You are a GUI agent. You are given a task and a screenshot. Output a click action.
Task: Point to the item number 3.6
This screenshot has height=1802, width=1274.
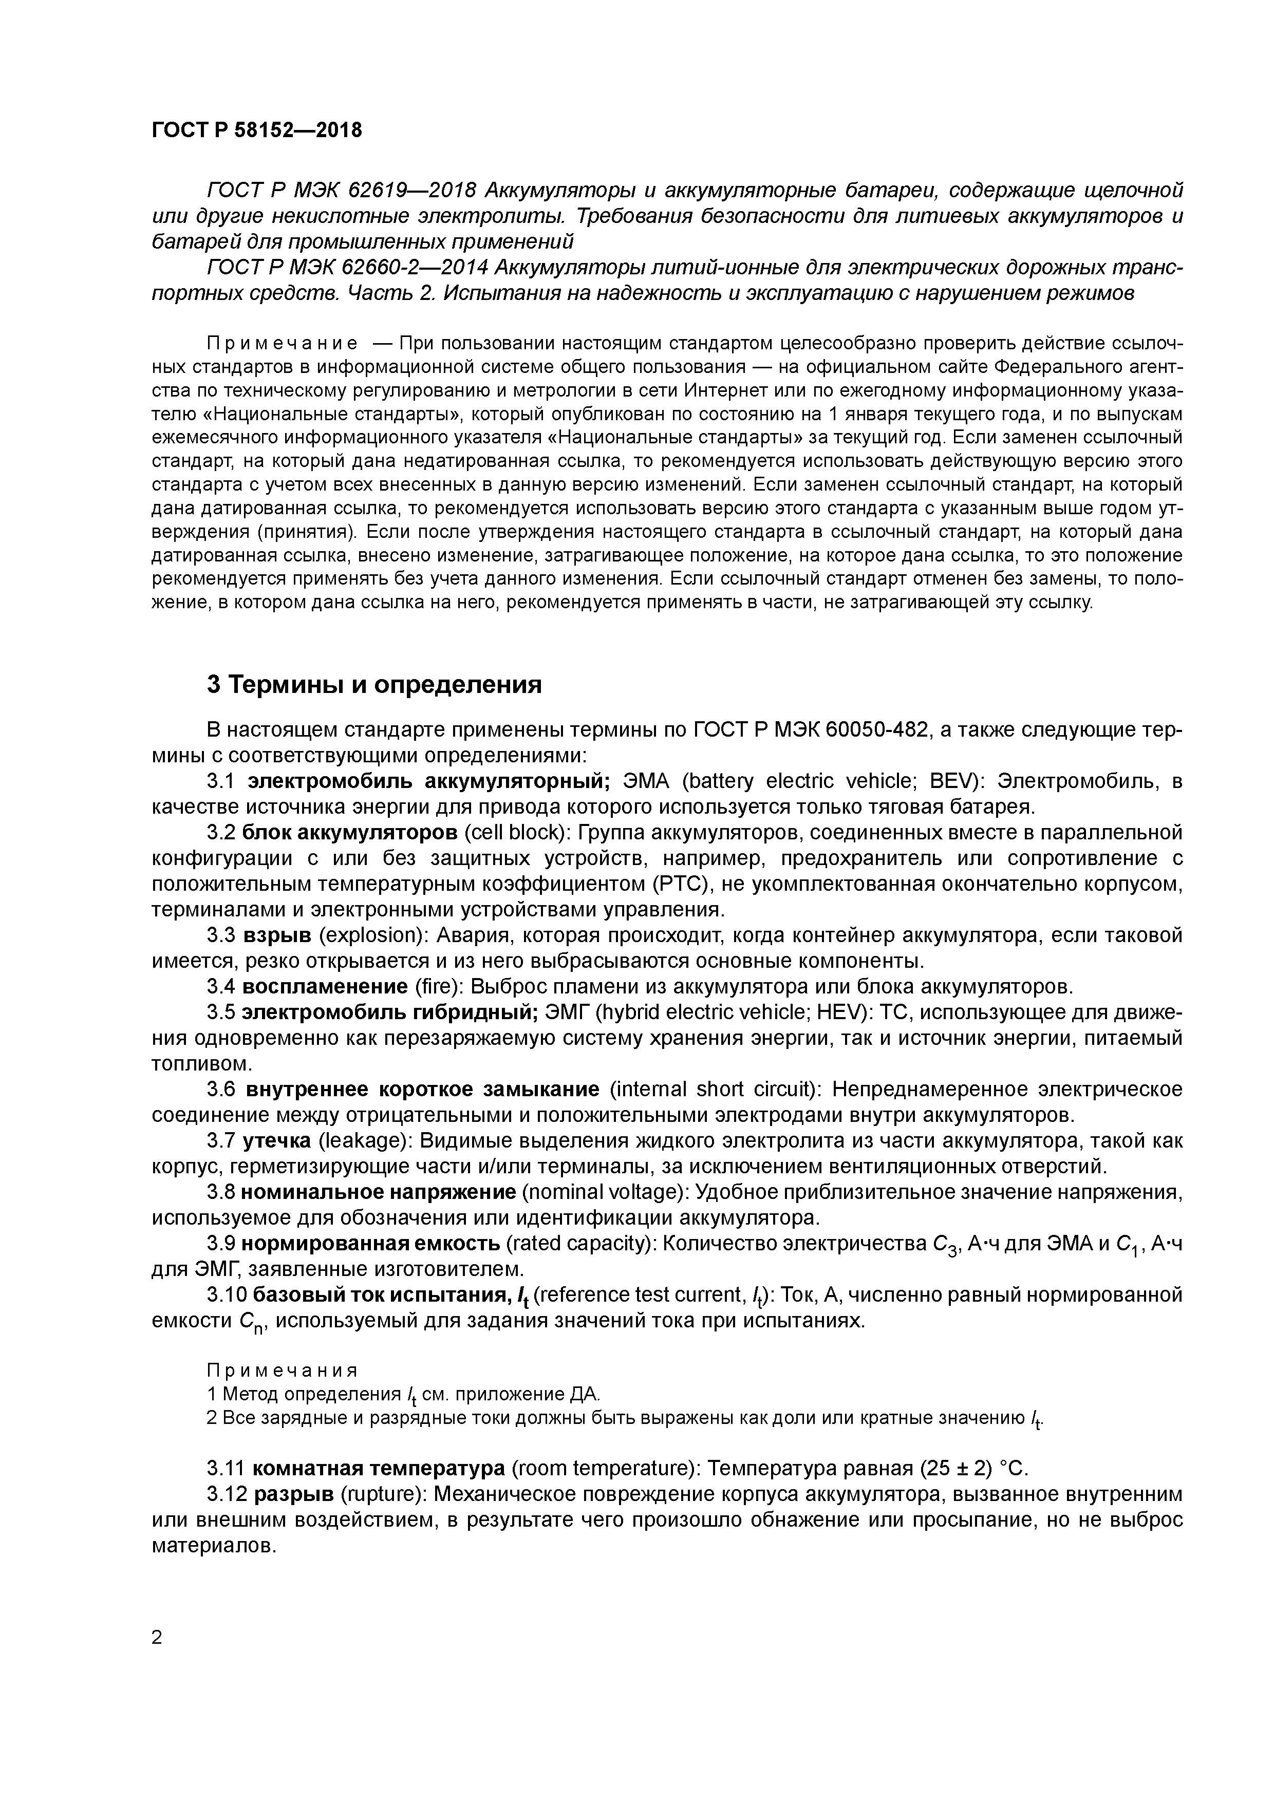[x=222, y=1090]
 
